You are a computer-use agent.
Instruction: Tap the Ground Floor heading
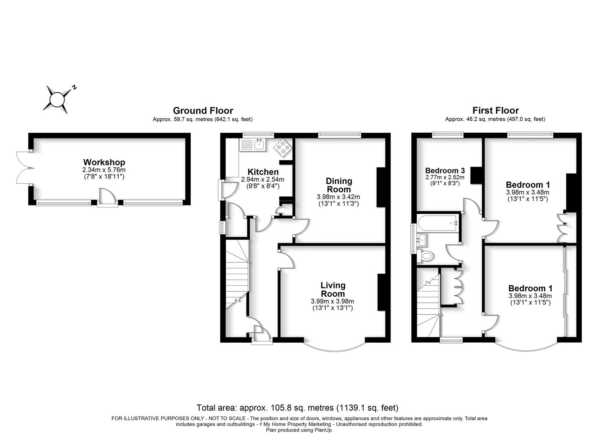203,111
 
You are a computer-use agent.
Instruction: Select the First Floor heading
495,110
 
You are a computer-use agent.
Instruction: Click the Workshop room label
104,162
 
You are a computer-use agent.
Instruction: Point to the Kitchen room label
263,172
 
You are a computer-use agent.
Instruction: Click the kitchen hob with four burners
283,147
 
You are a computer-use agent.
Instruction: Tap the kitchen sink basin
259,145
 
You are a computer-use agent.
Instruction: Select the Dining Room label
339,185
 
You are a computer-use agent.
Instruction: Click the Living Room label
333,289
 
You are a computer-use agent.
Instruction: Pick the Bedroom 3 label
445,170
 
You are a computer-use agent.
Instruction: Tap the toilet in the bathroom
425,256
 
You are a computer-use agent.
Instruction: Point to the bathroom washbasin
422,240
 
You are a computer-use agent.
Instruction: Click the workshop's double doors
25,168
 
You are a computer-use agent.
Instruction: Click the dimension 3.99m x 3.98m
332,301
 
